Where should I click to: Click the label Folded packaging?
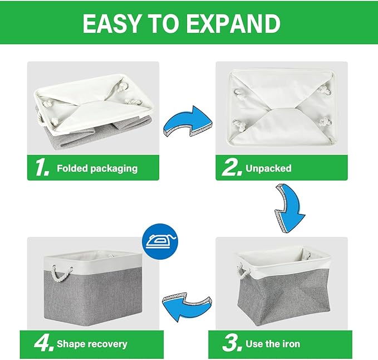click(97, 168)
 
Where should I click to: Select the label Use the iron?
click(273, 344)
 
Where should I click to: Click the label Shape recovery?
click(92, 344)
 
